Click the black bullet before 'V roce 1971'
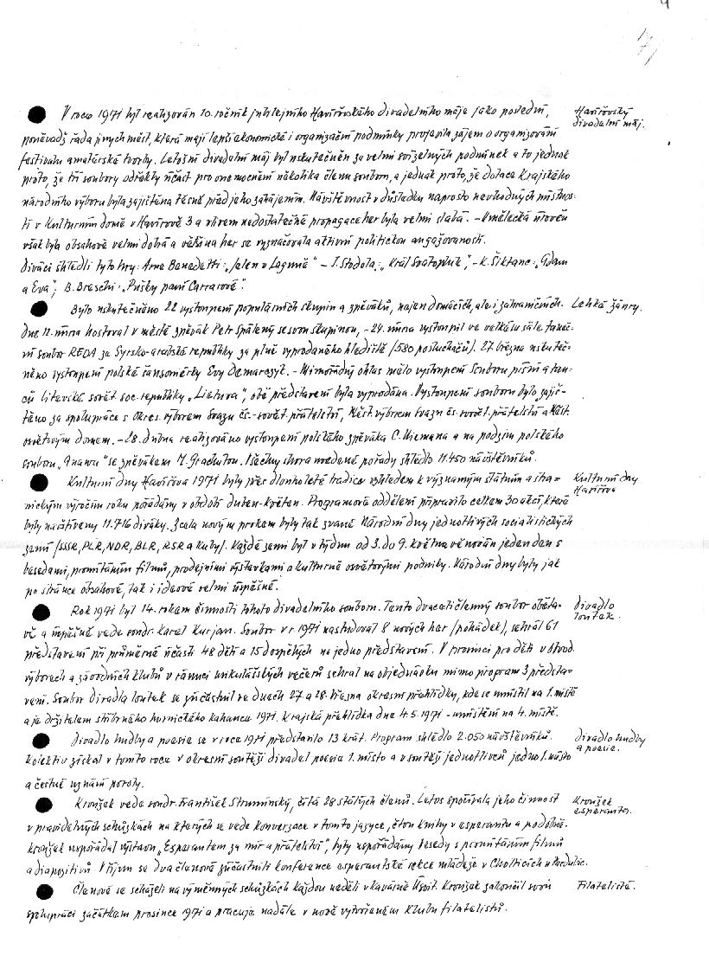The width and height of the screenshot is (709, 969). click(36, 114)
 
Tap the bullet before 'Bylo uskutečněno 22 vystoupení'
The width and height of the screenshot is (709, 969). click(36, 308)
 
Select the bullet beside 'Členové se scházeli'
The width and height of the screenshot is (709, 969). click(36, 891)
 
